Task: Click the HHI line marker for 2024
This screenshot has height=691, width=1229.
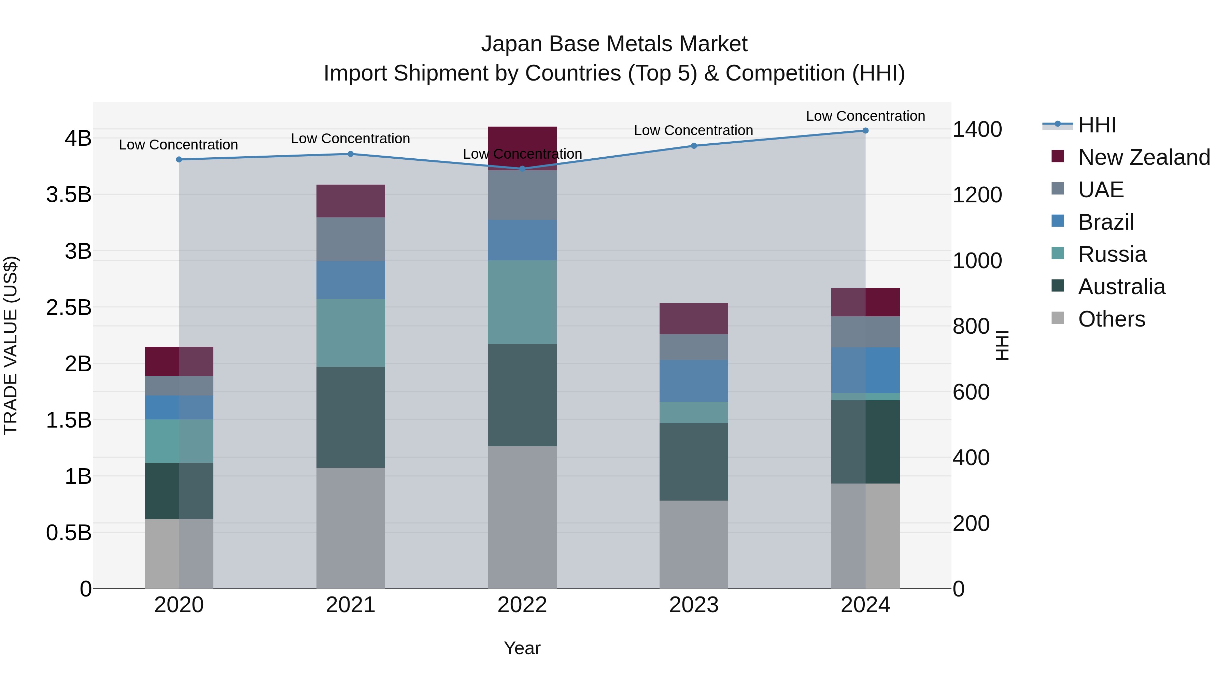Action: click(865, 131)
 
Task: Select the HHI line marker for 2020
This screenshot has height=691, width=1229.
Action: click(179, 159)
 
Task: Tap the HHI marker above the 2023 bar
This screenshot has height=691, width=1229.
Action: click(694, 146)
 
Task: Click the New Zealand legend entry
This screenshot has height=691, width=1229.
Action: click(1144, 157)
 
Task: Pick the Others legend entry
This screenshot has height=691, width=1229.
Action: click(1111, 319)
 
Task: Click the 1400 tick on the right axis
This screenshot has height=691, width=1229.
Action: click(977, 129)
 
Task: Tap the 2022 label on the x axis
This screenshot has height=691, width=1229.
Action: click(522, 605)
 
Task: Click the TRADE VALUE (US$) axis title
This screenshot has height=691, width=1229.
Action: click(11, 345)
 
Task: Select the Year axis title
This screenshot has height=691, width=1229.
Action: click(522, 648)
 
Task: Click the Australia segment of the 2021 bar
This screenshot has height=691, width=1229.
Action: click(351, 417)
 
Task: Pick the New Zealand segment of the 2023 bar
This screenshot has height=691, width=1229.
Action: click(694, 319)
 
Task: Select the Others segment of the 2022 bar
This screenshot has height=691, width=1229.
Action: click(522, 517)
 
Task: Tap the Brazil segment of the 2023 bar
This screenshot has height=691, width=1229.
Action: click(694, 381)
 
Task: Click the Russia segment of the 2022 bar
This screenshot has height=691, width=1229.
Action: click(522, 302)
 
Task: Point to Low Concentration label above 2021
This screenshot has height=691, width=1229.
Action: click(350, 139)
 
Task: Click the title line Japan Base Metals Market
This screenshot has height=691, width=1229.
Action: click(614, 44)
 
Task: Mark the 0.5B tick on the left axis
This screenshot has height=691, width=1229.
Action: click(69, 533)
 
